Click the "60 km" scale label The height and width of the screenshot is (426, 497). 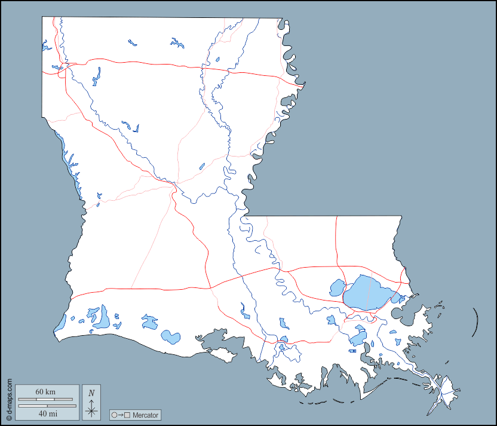[45, 391]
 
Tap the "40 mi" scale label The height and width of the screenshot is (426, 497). [47, 413]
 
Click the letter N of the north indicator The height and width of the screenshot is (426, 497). [91, 393]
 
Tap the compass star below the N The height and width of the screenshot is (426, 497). [91, 409]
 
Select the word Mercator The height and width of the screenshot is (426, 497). [146, 415]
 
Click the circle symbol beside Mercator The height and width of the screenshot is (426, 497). [114, 415]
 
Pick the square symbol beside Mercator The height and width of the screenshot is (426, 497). [127, 415]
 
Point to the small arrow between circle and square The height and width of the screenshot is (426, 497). [121, 415]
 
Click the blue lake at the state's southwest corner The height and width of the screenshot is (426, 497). [60, 324]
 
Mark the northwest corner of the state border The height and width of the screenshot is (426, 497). [42, 17]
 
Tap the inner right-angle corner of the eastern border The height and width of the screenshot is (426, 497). [249, 216]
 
